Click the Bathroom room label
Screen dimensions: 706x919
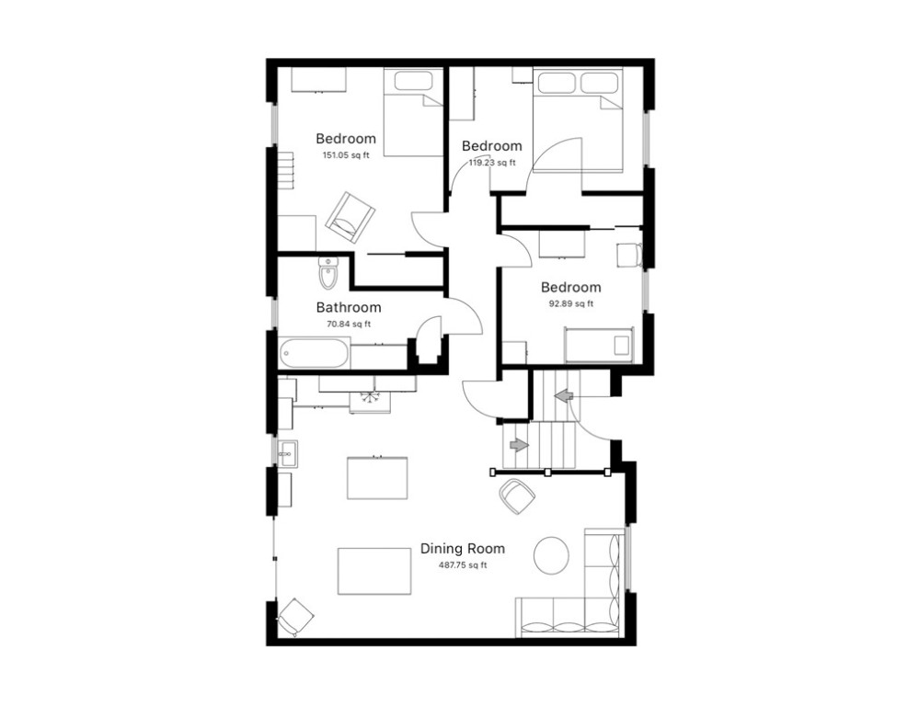(x=348, y=308)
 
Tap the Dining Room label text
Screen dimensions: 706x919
(x=463, y=549)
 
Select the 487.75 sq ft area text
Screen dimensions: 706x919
(x=463, y=565)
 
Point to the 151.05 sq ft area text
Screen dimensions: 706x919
(x=345, y=155)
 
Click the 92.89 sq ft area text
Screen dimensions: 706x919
(x=570, y=304)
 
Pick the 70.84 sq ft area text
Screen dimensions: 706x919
(x=348, y=324)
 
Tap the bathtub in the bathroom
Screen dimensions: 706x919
(x=315, y=353)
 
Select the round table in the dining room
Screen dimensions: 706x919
(x=552, y=555)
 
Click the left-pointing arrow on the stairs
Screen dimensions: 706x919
(x=563, y=395)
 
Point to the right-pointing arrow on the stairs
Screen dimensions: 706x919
(x=519, y=445)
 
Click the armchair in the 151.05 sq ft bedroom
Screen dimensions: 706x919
(x=350, y=217)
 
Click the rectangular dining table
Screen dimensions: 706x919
(x=373, y=571)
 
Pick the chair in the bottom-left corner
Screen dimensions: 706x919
(x=293, y=616)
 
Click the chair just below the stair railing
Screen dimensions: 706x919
(x=517, y=496)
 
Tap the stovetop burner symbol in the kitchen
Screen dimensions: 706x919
(x=371, y=397)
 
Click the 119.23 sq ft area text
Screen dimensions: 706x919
(x=492, y=163)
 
